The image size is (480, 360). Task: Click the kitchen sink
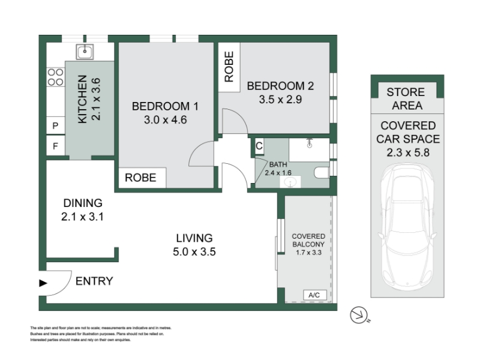[x=85, y=52]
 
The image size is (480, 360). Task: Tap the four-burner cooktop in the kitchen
[x=55, y=77]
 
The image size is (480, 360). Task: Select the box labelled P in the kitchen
[x=55, y=125]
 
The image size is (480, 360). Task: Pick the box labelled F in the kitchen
[x=55, y=146]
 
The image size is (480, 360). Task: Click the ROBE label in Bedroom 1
[x=140, y=178]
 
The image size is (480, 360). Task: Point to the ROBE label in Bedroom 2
[x=229, y=67]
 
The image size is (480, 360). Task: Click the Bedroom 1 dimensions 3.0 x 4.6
[x=166, y=119]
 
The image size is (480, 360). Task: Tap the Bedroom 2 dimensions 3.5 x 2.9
[x=280, y=100]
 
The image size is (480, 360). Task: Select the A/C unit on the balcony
[x=314, y=295]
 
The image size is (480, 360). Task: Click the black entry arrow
[x=43, y=283]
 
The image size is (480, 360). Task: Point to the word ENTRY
[x=94, y=281]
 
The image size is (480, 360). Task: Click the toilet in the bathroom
[x=322, y=173]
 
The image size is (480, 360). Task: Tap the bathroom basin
[x=290, y=182]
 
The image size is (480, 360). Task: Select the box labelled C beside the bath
[x=259, y=146]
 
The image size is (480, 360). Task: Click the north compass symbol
[x=359, y=315]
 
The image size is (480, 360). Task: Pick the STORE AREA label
[x=407, y=98]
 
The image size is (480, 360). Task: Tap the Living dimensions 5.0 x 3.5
[x=194, y=251]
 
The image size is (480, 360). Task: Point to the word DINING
[x=83, y=203]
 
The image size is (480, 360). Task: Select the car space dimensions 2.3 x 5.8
[x=408, y=152]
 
